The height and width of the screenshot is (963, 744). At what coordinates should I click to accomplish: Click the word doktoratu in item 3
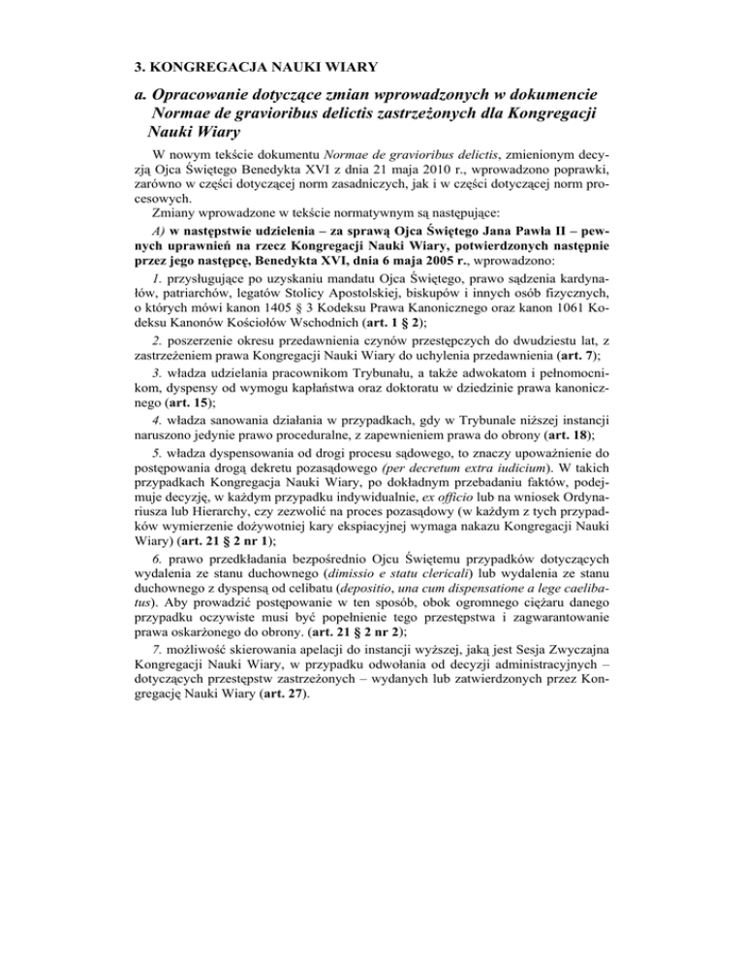click(392, 406)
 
